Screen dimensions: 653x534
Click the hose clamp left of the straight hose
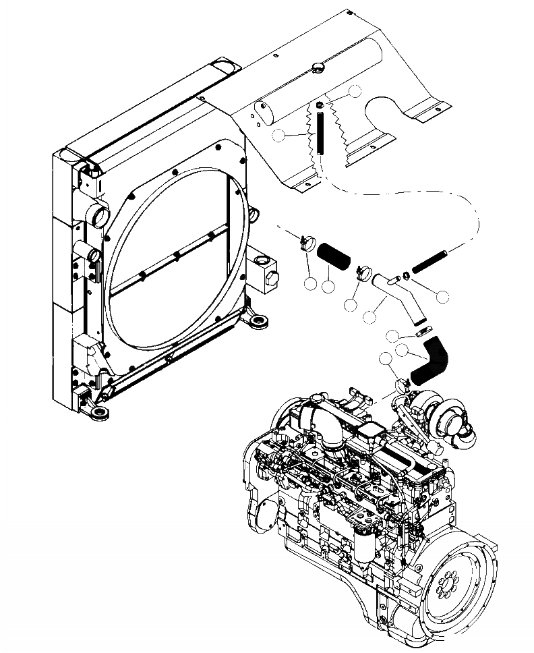[307, 241]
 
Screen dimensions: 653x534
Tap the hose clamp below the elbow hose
[403, 385]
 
